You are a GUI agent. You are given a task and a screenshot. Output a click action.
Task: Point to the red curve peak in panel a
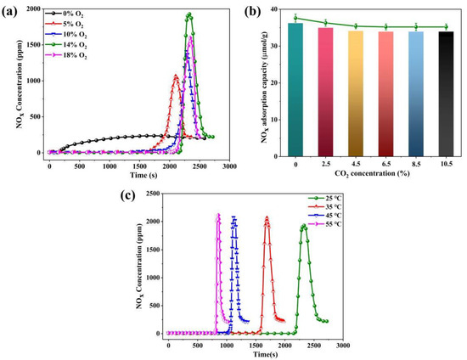click(176, 76)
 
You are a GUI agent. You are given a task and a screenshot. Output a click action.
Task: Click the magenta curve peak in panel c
click(218, 215)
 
